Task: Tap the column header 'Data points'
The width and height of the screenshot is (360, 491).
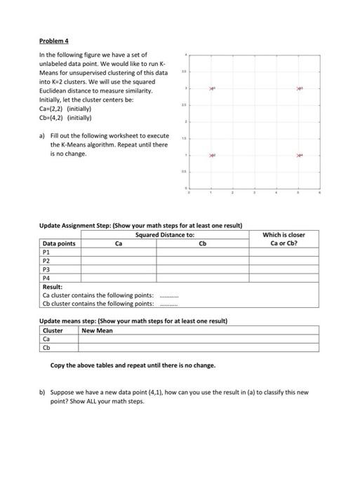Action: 59,243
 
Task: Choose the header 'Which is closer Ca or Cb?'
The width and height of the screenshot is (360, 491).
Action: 284,239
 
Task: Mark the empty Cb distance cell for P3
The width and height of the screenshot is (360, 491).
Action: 203,269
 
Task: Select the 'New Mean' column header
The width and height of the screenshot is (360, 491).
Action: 97,330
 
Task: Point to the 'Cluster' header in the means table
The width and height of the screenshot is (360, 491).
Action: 53,330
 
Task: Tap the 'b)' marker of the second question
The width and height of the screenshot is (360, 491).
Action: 41,393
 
